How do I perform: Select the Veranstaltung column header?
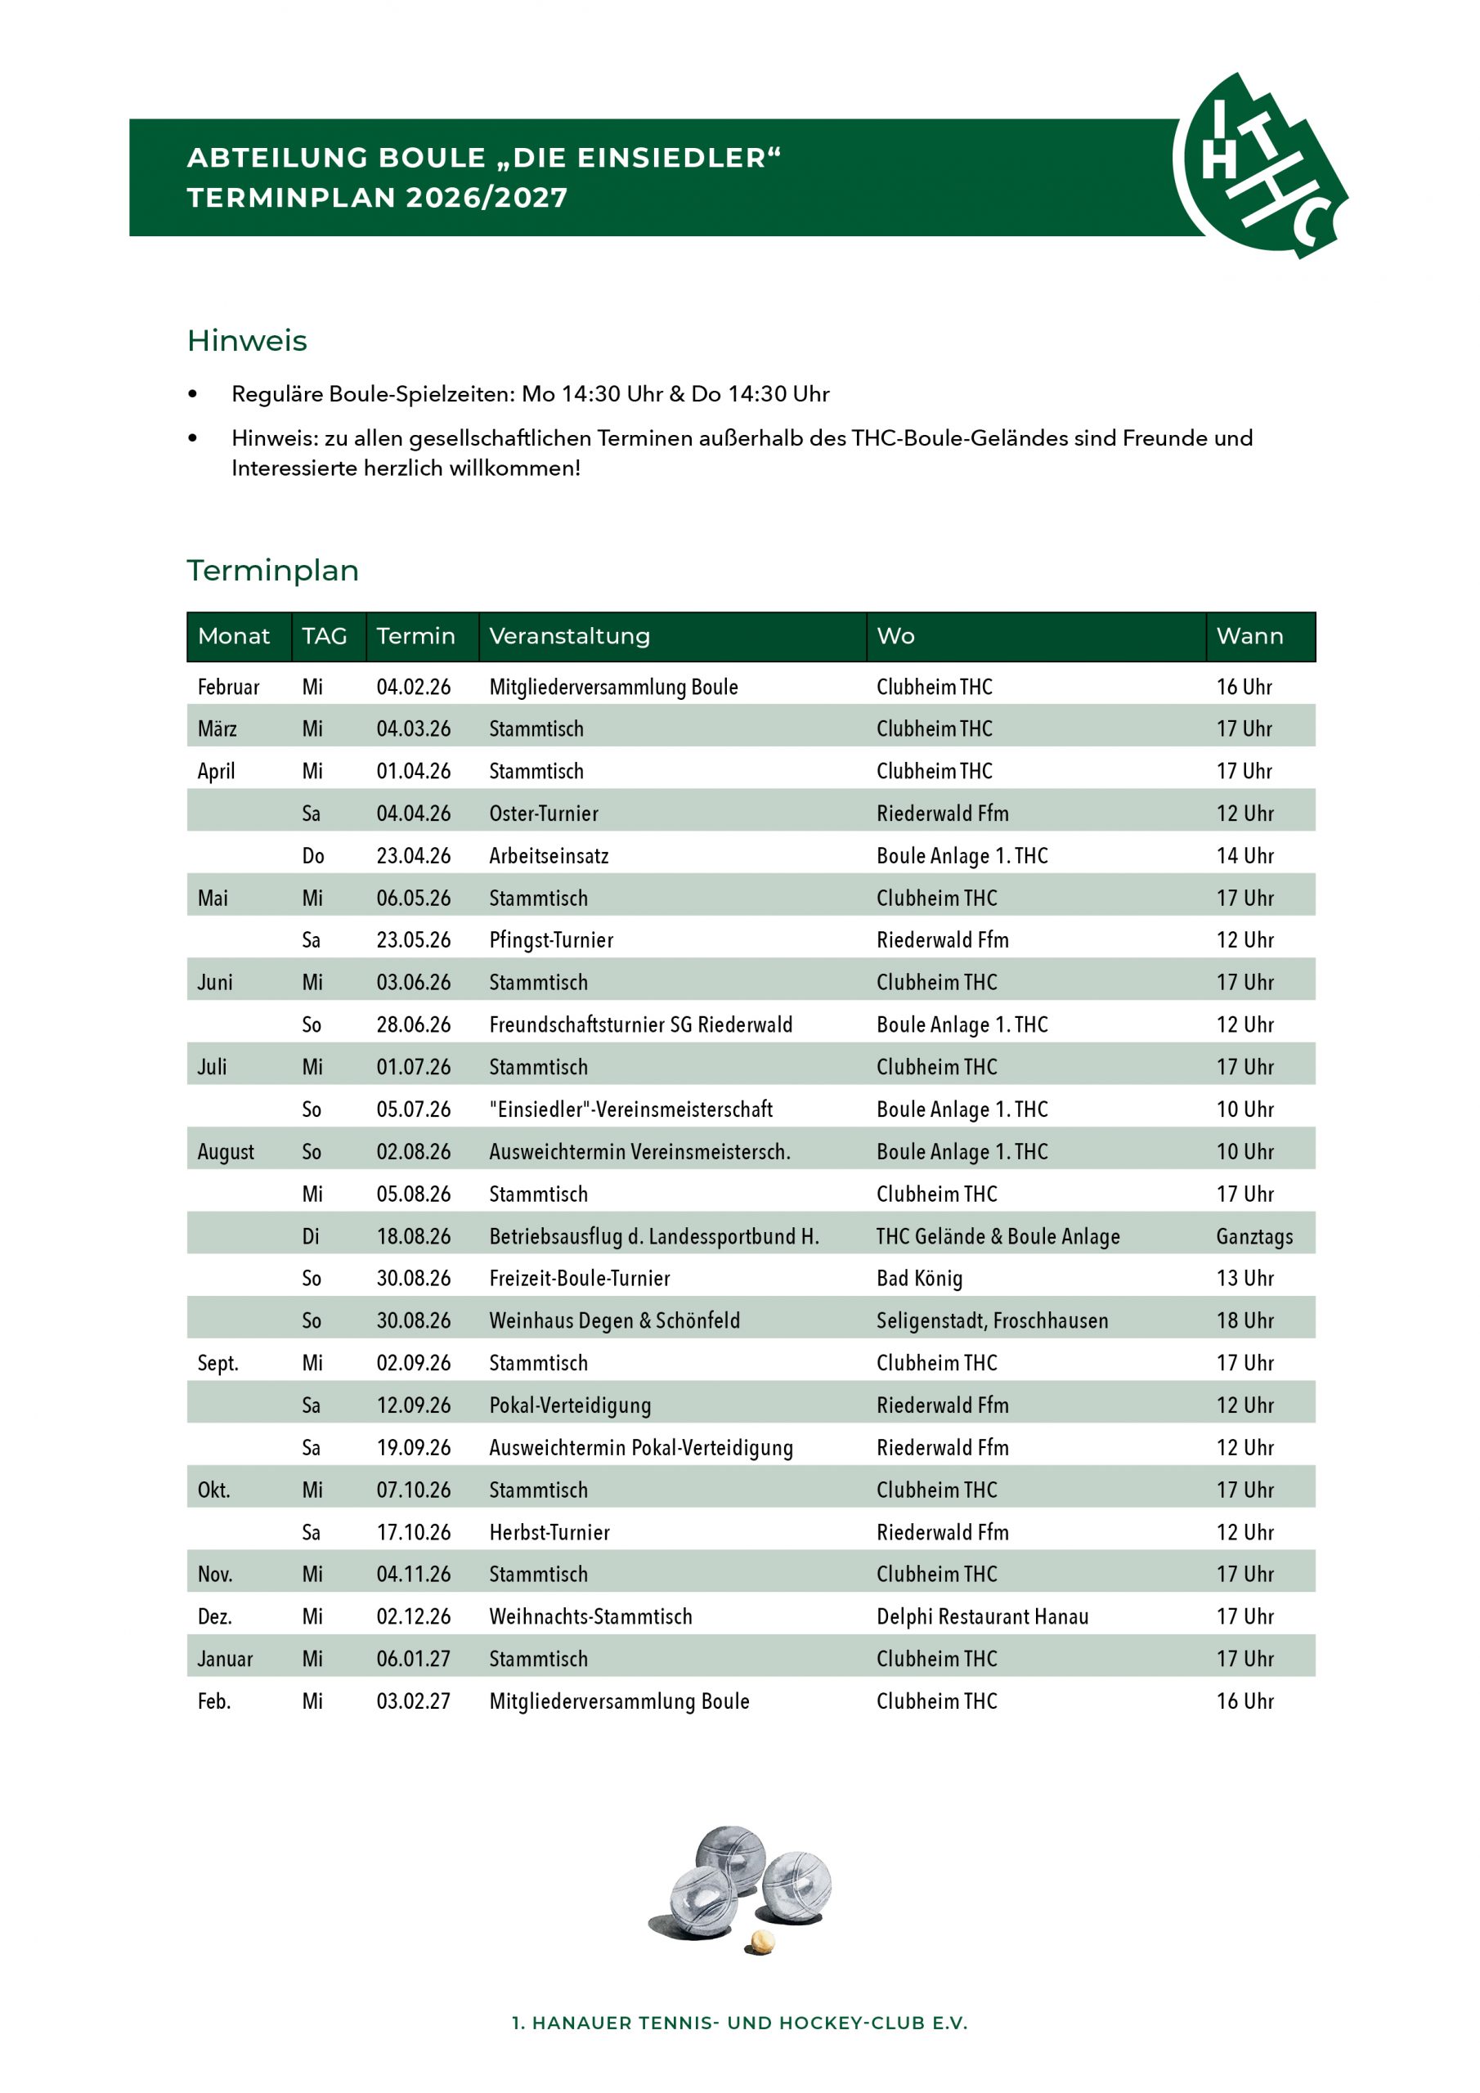tap(569, 636)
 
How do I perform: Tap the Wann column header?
tap(1249, 636)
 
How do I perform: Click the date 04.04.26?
tap(413, 813)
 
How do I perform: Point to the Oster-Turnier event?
tap(544, 813)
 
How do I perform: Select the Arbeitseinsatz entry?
tap(548, 856)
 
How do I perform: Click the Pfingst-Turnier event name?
tap(551, 940)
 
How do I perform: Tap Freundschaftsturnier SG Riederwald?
tap(640, 1024)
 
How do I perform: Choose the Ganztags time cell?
tap(1254, 1236)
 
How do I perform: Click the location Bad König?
tap(919, 1278)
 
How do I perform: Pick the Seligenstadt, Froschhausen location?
tap(992, 1321)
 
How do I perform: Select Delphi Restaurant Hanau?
tap(982, 1616)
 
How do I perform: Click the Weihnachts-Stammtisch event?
tap(590, 1616)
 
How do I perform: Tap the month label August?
tap(225, 1151)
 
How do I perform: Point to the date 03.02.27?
tap(413, 1701)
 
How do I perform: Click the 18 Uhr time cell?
tap(1245, 1321)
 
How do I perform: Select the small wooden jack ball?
tap(761, 1943)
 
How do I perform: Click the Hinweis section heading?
tap(247, 341)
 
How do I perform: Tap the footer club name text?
tap(739, 2023)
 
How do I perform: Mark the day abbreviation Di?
tap(311, 1236)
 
